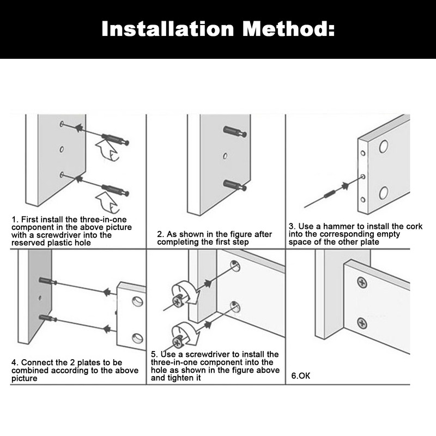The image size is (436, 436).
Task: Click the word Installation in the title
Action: coord(168,29)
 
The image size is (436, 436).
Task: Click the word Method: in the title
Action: coord(288,29)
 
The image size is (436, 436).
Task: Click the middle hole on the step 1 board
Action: coord(62,149)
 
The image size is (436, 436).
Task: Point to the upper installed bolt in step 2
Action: coord(235,131)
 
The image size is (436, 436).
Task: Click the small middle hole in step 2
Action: coord(225,156)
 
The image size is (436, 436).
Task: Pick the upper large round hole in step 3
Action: coord(384,146)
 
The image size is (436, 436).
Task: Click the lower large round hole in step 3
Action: coord(384,193)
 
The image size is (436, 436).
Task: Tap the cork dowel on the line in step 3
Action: coord(329,193)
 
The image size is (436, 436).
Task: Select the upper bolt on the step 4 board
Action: coord(48,281)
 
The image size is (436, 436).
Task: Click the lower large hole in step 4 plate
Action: coord(137,338)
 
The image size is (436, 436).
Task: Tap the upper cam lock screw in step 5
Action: coord(178,301)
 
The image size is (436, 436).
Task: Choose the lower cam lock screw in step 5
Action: coord(178,342)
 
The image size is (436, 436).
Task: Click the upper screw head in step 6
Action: coord(362,283)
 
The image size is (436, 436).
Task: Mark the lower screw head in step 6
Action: coord(362,323)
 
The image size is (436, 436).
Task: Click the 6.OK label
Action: coord(301,376)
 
